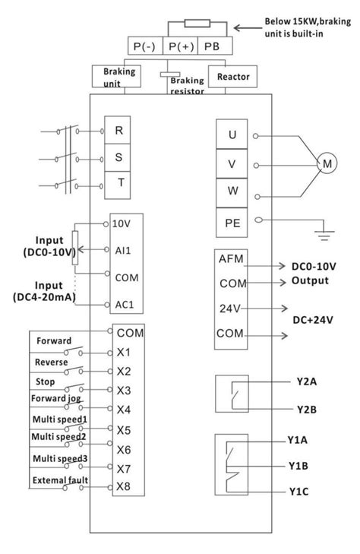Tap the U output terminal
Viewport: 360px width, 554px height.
(231, 135)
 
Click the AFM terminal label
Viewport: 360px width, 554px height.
(231, 259)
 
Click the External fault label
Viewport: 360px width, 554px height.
(57, 479)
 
